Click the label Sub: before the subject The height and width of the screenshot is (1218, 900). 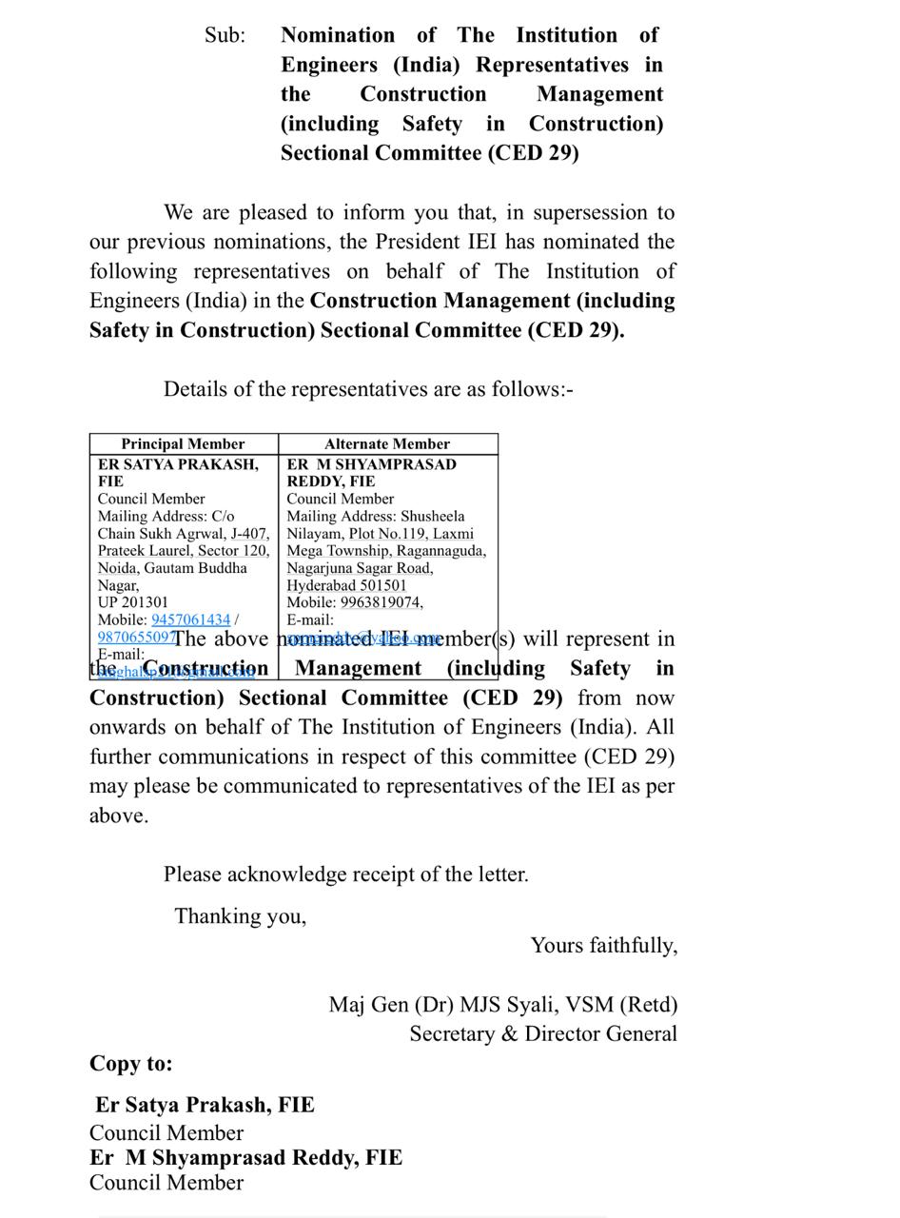[x=225, y=36]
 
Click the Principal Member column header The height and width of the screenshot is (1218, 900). [x=183, y=444]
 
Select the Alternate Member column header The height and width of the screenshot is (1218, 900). [x=386, y=444]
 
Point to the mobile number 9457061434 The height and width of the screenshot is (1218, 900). [x=190, y=619]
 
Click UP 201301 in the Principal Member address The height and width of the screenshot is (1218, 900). [x=132, y=602]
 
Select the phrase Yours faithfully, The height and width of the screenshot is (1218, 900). [x=603, y=946]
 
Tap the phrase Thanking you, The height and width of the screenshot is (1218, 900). [x=240, y=916]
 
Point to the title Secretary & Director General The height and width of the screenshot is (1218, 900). [x=543, y=1034]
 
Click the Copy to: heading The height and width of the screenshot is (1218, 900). [x=131, y=1064]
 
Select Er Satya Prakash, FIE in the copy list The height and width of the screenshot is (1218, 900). [x=205, y=1105]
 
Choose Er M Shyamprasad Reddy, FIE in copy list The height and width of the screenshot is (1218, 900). [x=246, y=1158]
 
